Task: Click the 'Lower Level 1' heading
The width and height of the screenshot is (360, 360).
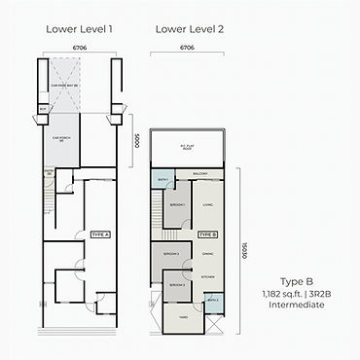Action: [x=80, y=28]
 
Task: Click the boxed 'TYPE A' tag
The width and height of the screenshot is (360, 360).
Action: [x=100, y=235]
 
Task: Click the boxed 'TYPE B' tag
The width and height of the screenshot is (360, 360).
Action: [x=207, y=235]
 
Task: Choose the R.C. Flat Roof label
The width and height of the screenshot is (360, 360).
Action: [x=189, y=148]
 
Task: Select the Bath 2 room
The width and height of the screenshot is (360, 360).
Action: [x=213, y=301]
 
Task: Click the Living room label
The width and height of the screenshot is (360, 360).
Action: [x=207, y=205]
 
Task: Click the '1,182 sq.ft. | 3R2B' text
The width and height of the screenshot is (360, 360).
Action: [x=293, y=292]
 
